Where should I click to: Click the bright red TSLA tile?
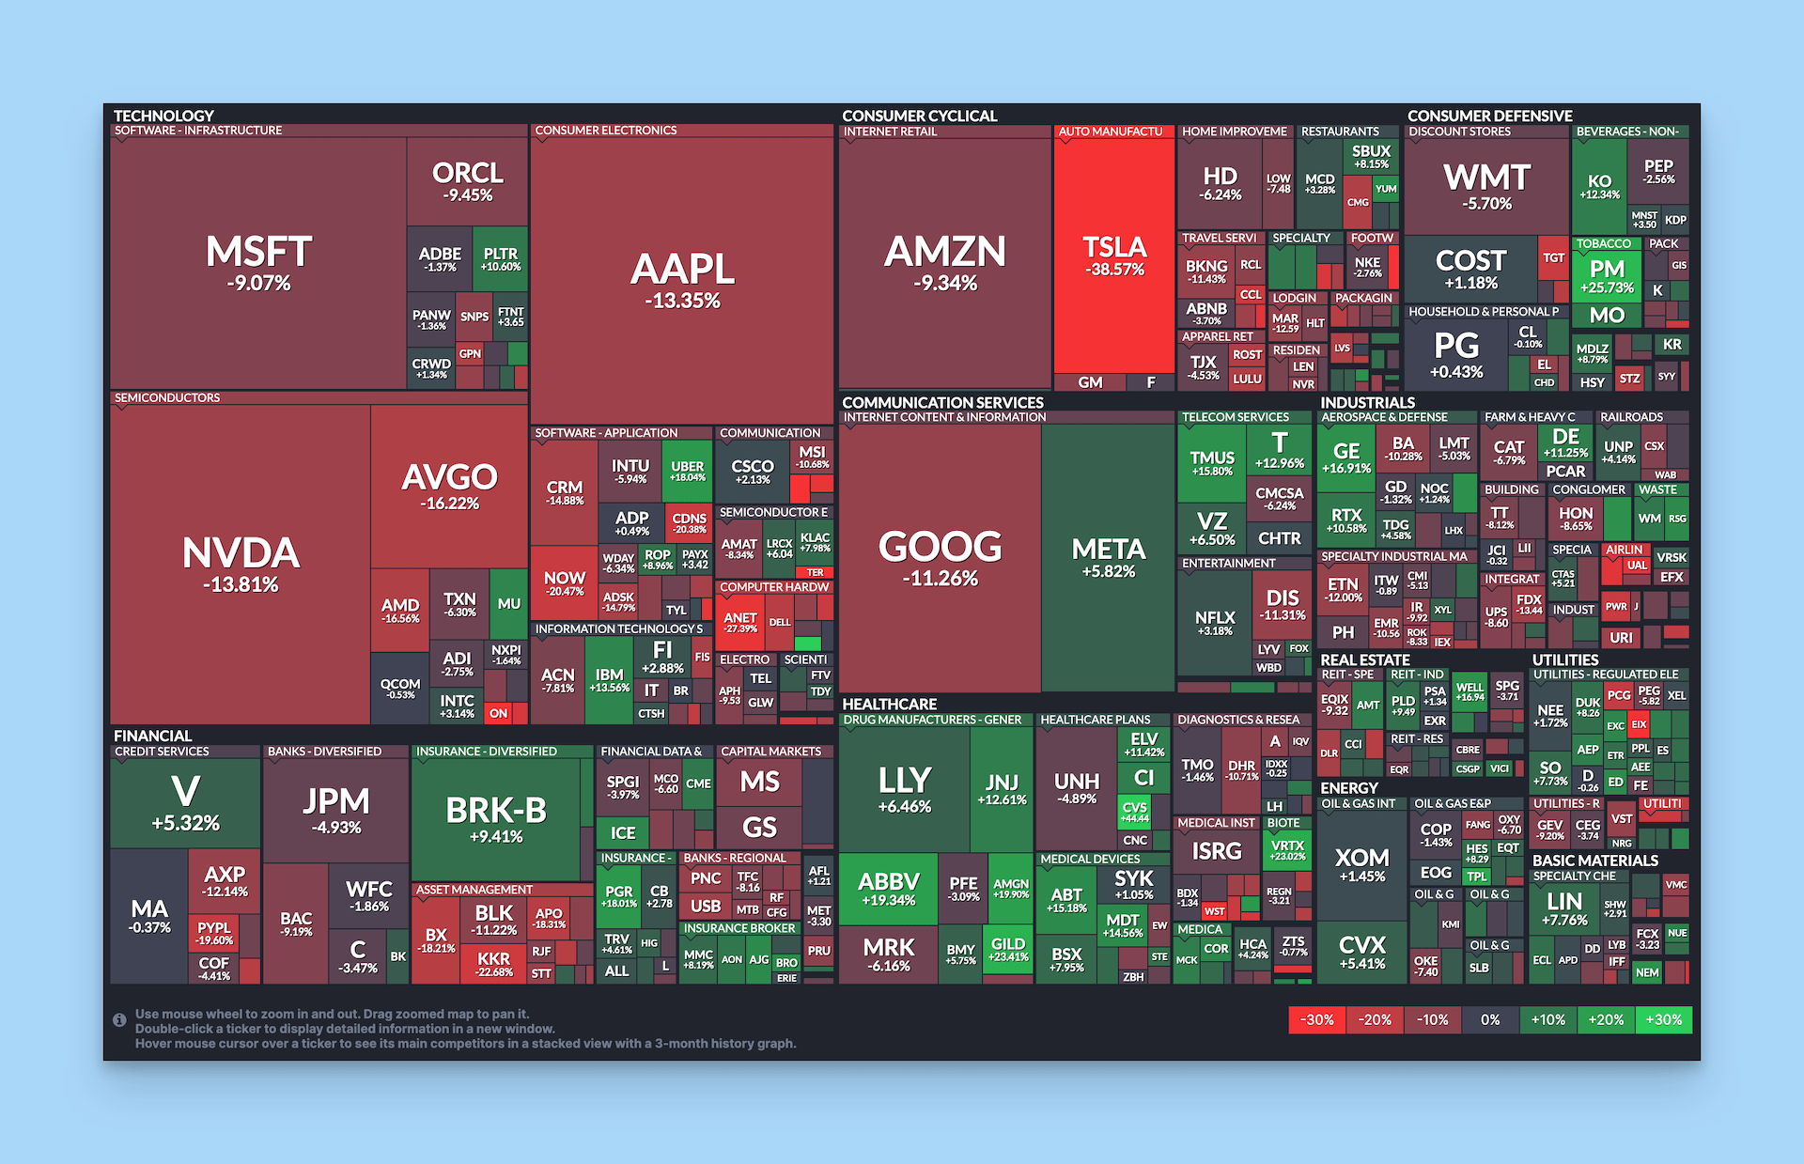(1114, 256)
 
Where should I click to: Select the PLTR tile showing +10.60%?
(500, 258)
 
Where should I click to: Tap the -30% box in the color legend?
(1316, 1019)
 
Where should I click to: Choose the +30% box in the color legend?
(1663, 1019)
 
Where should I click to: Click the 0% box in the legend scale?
(1490, 1019)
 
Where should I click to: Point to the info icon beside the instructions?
(119, 1019)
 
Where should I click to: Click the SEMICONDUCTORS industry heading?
(167, 397)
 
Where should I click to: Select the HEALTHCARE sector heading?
(889, 704)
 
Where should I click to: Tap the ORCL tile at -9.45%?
(467, 180)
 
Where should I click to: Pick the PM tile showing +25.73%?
(1607, 275)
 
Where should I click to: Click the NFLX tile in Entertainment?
(1214, 622)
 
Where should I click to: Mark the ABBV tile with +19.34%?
(888, 887)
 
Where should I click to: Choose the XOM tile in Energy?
(1361, 863)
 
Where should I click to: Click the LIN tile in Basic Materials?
(1564, 908)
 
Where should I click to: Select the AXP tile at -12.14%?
(225, 880)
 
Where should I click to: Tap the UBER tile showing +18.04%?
(687, 471)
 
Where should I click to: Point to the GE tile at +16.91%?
(1345, 457)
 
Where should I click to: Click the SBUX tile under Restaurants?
(1371, 156)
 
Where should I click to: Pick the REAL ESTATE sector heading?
(1364, 660)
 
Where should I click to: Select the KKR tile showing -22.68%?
(493, 964)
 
